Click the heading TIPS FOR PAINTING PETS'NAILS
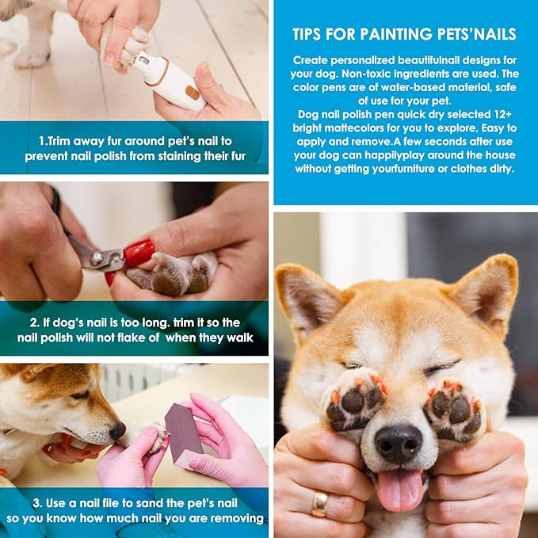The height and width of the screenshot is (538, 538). tap(404, 34)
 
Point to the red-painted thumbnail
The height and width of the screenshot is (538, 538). tap(138, 254)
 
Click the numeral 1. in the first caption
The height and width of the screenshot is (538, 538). tap(44, 141)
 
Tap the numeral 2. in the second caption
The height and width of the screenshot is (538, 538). tap(36, 322)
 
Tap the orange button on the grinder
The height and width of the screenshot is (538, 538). tap(191, 92)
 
